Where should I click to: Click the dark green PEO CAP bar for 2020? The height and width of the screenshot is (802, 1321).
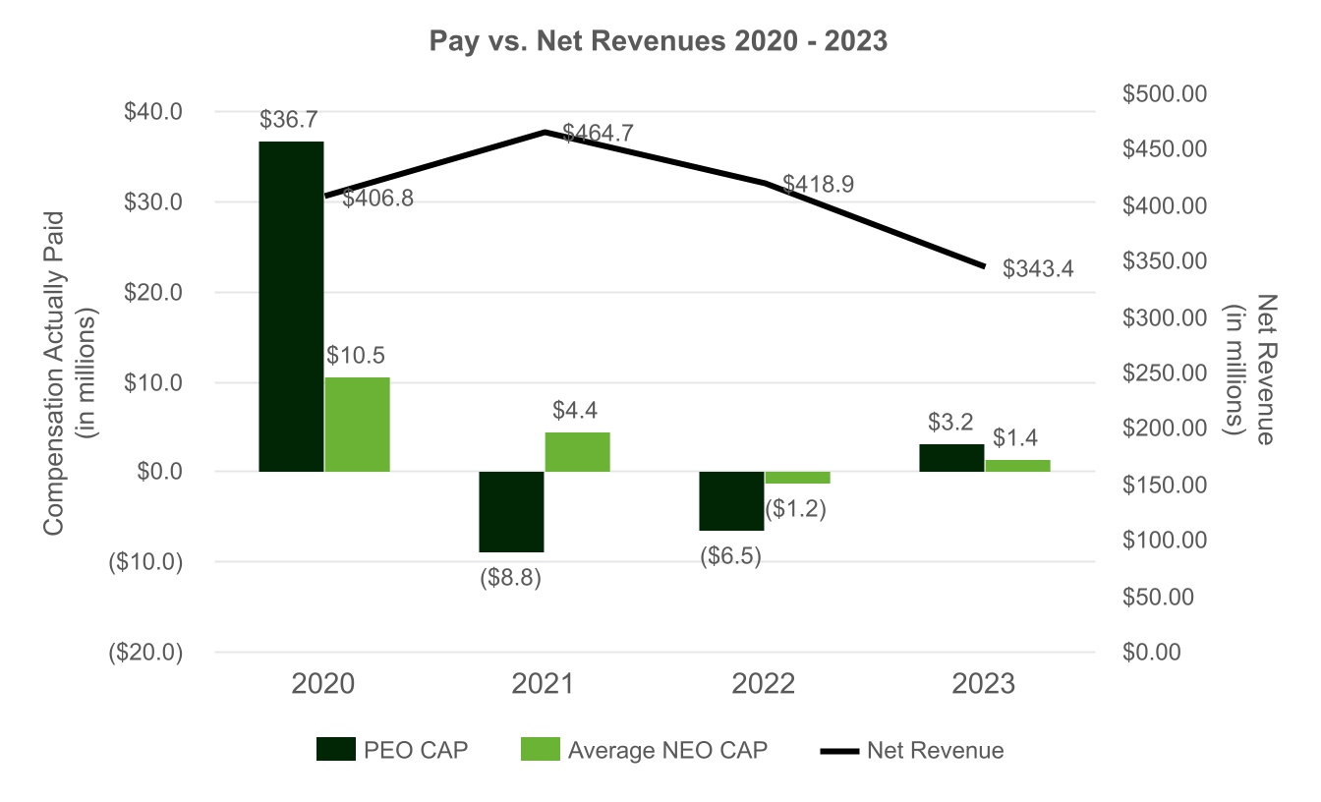click(291, 307)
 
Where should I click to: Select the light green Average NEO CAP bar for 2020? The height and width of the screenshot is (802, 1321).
click(357, 425)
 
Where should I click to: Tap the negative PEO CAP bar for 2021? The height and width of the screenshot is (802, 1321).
click(511, 512)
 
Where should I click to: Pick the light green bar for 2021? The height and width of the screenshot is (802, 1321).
click(578, 452)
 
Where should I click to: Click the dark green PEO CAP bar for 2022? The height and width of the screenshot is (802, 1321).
click(731, 501)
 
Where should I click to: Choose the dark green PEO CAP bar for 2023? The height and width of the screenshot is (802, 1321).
click(951, 458)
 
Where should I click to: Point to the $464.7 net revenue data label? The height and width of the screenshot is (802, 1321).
click(600, 133)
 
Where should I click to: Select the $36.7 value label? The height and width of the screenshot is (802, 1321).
click(290, 120)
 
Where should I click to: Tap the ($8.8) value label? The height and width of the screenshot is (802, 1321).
click(510, 578)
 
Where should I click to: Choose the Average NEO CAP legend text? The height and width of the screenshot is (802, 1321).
click(667, 751)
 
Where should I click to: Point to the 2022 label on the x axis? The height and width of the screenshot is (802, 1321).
click(764, 684)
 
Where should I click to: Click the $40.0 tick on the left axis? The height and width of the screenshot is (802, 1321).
click(153, 112)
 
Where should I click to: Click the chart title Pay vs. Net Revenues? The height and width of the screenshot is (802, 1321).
click(659, 43)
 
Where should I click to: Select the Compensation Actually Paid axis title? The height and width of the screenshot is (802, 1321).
click(54, 373)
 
